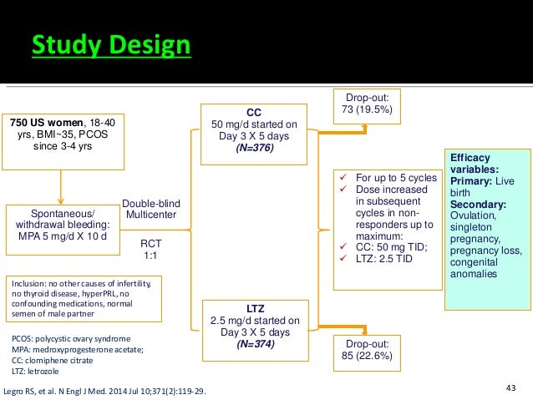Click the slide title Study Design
[x=111, y=46]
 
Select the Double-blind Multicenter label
[x=151, y=209]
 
